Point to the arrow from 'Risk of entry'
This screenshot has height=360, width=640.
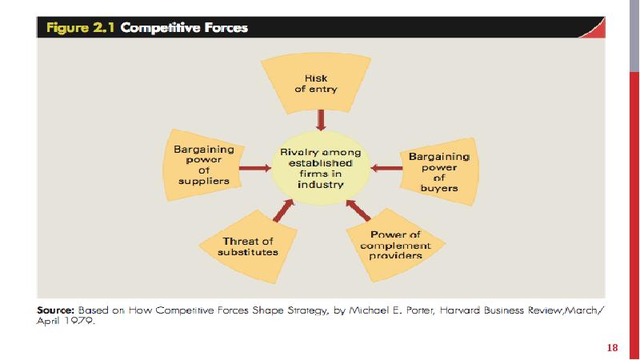[321, 119]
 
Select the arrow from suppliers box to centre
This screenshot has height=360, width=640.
[254, 168]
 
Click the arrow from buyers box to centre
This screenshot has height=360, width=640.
[387, 168]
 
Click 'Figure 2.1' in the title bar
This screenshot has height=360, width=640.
[81, 28]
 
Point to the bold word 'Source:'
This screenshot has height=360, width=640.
[56, 309]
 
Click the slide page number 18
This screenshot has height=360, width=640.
[613, 347]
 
